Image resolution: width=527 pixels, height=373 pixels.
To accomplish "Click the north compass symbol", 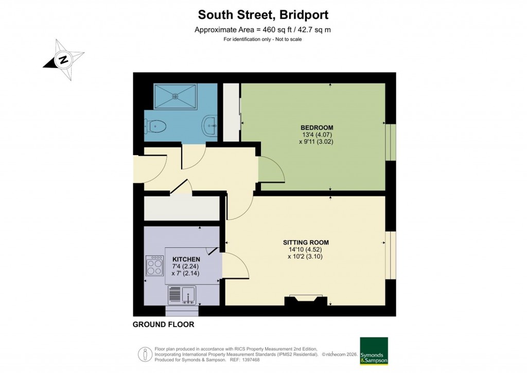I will coord(64,59).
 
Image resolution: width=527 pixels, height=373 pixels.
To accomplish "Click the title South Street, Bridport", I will coord(263,14).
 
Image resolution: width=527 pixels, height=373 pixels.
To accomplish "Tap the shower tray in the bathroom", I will coord(175,96).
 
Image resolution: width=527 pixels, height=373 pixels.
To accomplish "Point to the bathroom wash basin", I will coord(210,124).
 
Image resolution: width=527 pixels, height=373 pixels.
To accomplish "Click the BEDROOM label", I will coord(317,128).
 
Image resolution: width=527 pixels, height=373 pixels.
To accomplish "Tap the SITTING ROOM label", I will coord(306,242).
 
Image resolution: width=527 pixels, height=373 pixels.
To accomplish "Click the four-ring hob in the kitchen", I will coord(155,266).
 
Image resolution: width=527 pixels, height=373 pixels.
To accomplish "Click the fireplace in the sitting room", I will coord(306,301).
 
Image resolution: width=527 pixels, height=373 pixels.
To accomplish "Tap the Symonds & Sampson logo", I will coord(374,351).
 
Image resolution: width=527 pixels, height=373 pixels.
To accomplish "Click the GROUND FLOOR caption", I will coord(163,325).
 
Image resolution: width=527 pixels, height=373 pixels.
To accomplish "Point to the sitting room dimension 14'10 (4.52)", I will coord(306,250).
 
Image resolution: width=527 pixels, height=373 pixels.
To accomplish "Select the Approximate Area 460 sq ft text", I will coord(262,30).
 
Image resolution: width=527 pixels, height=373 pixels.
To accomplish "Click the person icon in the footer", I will coord(145,354).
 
